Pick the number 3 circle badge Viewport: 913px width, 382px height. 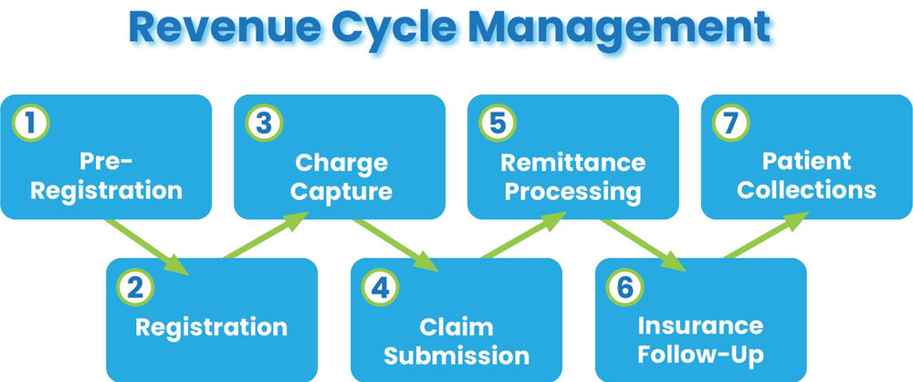click(x=262, y=122)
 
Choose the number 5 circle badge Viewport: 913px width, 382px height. click(x=497, y=122)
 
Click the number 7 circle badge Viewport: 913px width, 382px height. click(x=729, y=122)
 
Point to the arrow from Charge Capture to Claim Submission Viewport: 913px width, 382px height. click(x=393, y=245)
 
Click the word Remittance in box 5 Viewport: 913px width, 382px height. click(x=572, y=164)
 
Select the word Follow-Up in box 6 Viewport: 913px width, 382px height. click(x=700, y=355)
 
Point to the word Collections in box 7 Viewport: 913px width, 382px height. click(x=806, y=190)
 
